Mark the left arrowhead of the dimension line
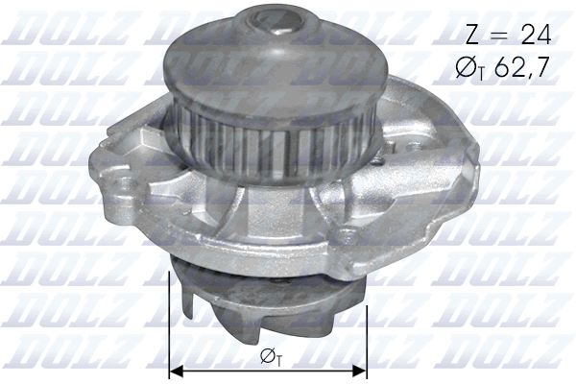(175, 370)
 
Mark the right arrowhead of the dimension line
(361, 370)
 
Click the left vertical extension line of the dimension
(169, 317)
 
